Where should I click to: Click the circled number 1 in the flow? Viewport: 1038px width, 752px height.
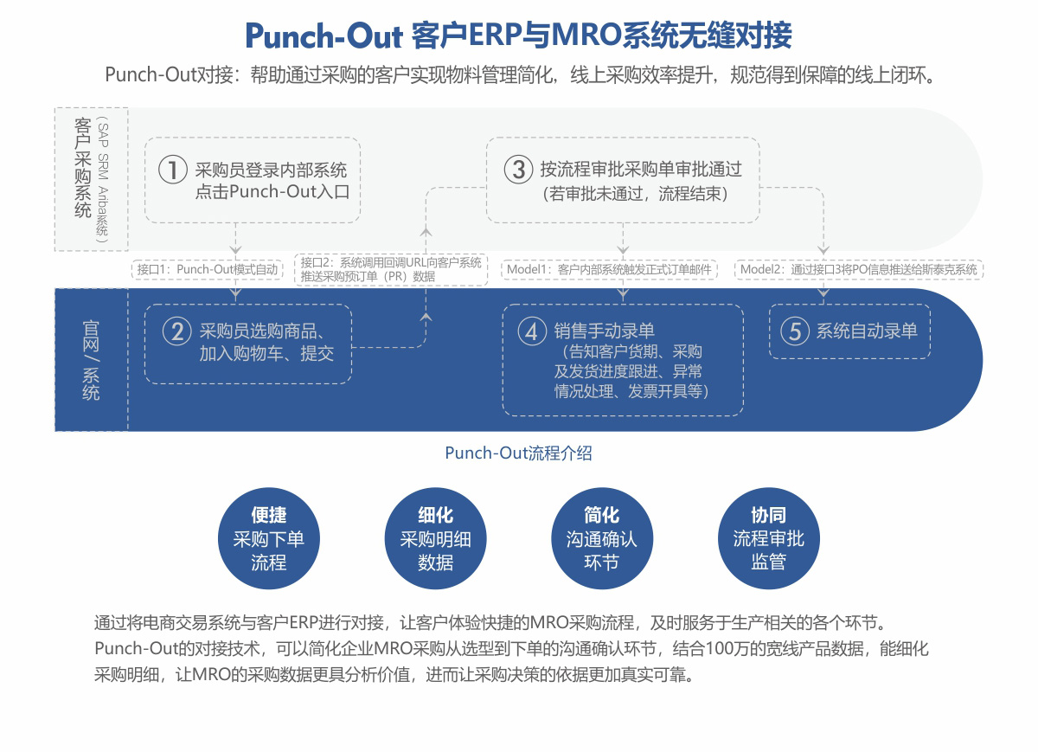[x=173, y=169]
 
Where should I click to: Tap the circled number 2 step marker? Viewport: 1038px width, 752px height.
[x=176, y=331]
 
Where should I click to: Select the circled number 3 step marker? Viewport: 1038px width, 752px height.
[x=518, y=169]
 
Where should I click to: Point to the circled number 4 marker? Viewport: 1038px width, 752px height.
[x=531, y=331]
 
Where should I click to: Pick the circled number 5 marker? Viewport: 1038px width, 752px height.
[x=794, y=331]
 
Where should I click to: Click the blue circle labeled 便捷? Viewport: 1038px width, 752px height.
[x=268, y=538]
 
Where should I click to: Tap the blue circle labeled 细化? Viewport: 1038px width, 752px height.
[x=435, y=538]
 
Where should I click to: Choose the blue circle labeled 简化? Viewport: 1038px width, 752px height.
[x=601, y=538]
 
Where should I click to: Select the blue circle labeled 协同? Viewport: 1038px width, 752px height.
[x=768, y=538]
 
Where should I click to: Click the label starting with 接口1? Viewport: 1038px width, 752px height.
[x=208, y=269]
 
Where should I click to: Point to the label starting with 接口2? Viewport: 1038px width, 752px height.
[x=391, y=269]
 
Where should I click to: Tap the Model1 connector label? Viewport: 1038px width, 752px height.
[x=610, y=269]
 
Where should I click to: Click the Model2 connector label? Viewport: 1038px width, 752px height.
[x=859, y=269]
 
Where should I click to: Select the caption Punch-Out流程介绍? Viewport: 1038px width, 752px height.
[x=518, y=453]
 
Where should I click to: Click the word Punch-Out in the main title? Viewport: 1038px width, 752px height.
[x=324, y=36]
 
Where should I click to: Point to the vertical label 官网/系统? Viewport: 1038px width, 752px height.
[x=91, y=359]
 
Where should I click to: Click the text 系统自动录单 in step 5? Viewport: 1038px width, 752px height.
[x=867, y=331]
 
